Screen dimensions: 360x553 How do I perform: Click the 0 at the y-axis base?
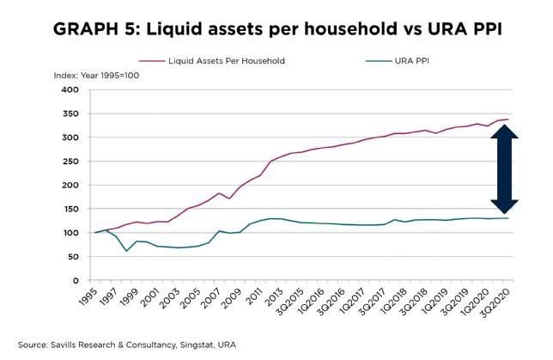[x=76, y=281]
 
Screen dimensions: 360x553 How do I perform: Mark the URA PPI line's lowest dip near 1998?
[x=127, y=251]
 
